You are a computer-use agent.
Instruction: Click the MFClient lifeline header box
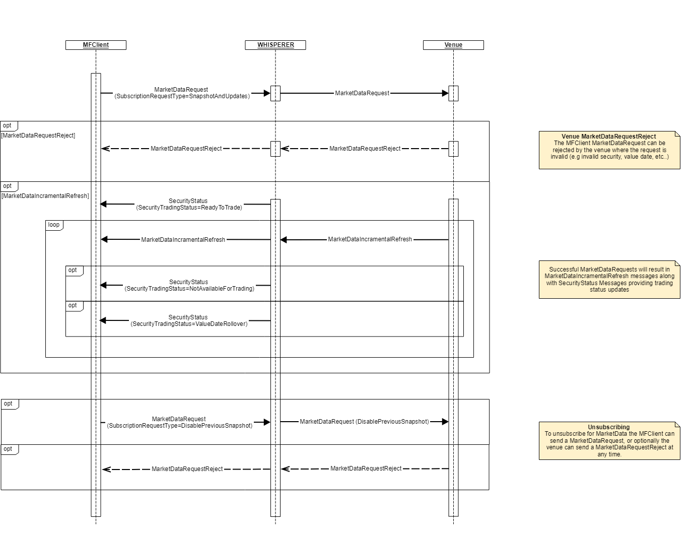click(96, 45)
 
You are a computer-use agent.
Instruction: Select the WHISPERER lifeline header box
click(275, 45)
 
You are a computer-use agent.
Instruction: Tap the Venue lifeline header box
click(453, 45)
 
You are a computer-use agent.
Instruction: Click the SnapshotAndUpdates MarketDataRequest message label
click(182, 93)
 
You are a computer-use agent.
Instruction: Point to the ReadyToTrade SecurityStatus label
click(188, 204)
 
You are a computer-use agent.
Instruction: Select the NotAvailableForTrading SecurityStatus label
click(189, 285)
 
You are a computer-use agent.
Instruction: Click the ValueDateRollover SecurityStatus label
click(188, 320)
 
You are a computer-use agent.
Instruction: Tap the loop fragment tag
click(54, 225)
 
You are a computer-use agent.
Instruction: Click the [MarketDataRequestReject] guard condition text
click(38, 136)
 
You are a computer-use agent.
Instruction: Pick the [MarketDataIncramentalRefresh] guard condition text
click(45, 196)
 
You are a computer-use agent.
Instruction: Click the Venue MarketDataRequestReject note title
click(608, 137)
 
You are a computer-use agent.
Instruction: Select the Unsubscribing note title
click(608, 427)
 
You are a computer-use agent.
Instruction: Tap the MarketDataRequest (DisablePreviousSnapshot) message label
click(364, 422)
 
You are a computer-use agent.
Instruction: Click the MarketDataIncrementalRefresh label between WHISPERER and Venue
click(370, 239)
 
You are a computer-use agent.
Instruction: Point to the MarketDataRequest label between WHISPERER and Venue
click(362, 93)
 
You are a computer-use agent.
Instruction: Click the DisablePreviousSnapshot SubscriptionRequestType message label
click(179, 422)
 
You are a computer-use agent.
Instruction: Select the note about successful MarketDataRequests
click(609, 280)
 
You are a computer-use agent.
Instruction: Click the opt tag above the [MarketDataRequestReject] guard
click(8, 126)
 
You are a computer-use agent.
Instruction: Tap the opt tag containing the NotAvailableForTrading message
click(74, 271)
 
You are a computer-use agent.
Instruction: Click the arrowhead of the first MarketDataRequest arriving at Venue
click(445, 93)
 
